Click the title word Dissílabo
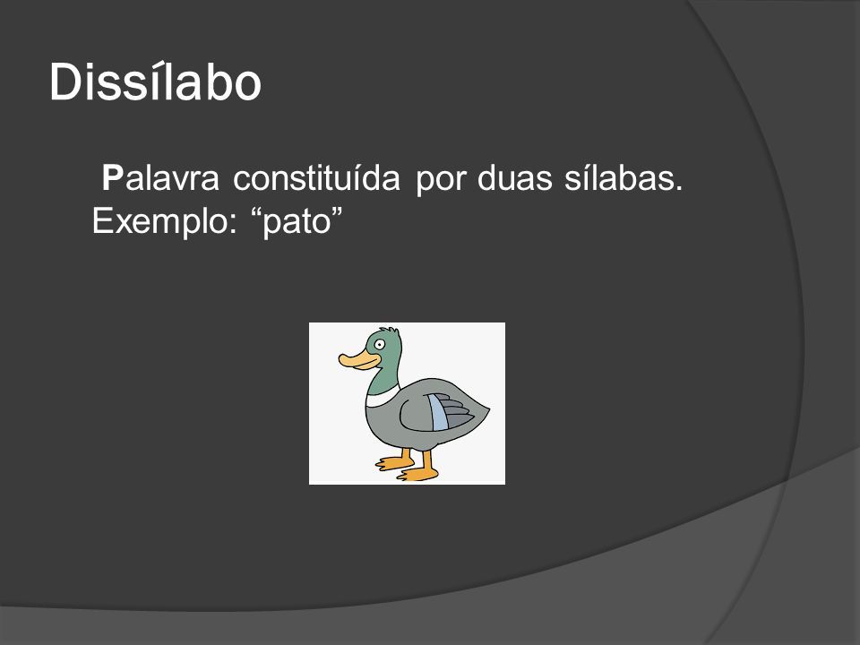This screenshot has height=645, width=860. coord(155,82)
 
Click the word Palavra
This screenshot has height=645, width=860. coord(160,178)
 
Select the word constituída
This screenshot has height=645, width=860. coord(316,177)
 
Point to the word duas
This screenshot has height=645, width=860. coord(514,177)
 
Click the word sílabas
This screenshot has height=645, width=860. coord(623,177)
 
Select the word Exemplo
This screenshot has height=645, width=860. coord(164,221)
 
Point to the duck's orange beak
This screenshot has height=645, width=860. coord(358,360)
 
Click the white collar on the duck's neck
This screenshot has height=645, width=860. coord(383,396)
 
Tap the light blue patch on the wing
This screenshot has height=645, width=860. coord(439,412)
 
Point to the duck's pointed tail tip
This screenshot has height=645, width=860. coord(488,408)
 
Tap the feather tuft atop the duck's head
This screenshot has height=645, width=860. coord(391,331)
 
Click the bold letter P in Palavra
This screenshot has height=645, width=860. coord(113,178)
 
